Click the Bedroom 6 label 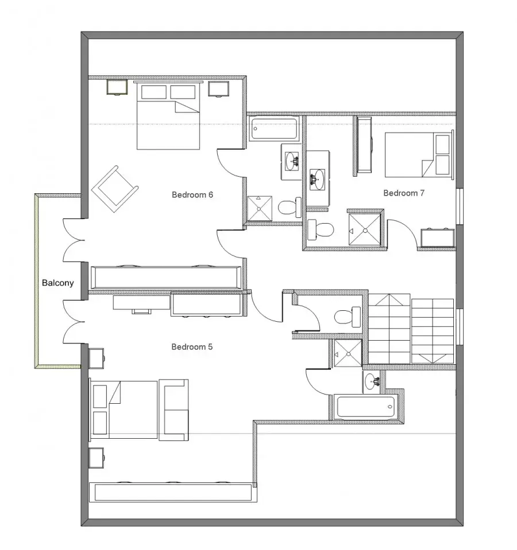click(192, 194)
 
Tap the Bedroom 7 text click(404, 193)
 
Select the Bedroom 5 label click(192, 347)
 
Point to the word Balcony click(57, 283)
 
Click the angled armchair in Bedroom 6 click(115, 189)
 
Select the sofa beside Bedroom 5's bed click(173, 409)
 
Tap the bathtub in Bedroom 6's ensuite click(274, 128)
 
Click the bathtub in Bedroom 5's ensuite click(365, 407)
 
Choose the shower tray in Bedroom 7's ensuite click(365, 229)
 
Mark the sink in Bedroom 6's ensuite click(292, 161)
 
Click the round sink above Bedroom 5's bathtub click(372, 381)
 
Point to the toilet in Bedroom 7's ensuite click(321, 230)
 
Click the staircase click(411, 329)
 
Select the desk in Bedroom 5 click(141, 303)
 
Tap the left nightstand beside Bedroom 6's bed click(117, 87)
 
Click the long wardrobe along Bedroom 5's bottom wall click(171, 492)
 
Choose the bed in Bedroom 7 click(419, 155)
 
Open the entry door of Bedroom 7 click(402, 233)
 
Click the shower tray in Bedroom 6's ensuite click(260, 209)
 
